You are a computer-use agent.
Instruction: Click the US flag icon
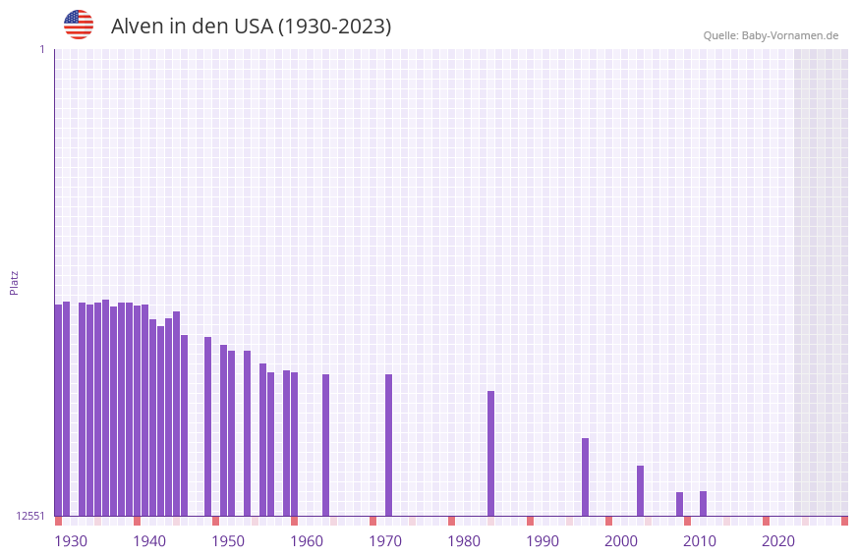coord(79,25)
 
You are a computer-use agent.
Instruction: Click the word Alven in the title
coord(137,27)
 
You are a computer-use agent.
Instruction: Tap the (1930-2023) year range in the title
coord(334,27)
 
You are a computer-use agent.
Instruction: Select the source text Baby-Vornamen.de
coord(789,35)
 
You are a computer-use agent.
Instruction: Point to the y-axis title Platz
coord(14,282)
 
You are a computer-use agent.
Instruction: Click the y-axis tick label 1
coord(41,49)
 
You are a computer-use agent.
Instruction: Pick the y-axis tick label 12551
coord(30,516)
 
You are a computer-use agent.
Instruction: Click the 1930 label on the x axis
coord(71,541)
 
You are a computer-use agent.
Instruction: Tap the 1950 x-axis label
coord(228,541)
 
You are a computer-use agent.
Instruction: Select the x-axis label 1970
coord(385,541)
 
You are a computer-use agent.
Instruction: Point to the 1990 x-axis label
coord(543,541)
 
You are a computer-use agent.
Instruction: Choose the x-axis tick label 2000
coord(621,541)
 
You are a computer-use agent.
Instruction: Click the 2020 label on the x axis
coord(778,541)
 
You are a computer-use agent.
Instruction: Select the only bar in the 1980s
coord(490,453)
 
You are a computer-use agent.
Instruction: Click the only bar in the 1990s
coord(585,476)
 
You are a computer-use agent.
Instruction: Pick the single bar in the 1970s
coord(388,445)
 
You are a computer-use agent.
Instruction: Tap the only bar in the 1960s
coord(325,445)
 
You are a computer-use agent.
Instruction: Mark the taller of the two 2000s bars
coord(640,490)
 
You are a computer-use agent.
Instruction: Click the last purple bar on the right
coord(703,503)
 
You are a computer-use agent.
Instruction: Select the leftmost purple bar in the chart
coord(58,410)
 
